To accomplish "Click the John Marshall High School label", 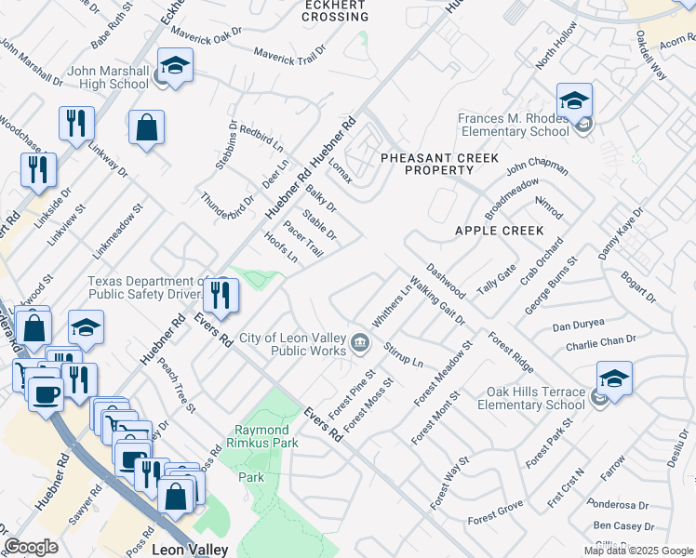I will (x=108, y=77).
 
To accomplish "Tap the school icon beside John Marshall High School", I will (x=174, y=66).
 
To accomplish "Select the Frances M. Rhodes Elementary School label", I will (x=513, y=125).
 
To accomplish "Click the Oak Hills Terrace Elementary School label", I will (x=531, y=398).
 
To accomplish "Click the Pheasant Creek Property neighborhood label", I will (x=440, y=165).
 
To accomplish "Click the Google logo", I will (x=31, y=547).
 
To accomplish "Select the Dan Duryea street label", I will (x=578, y=325).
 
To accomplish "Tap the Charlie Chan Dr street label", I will (x=600, y=344).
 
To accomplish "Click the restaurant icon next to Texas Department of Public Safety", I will (x=221, y=296).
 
